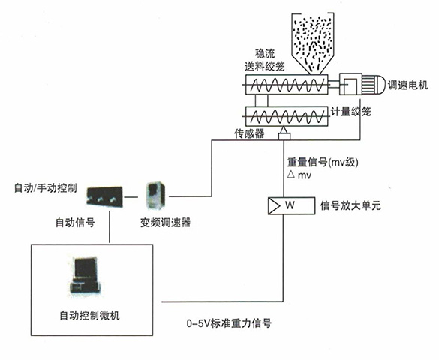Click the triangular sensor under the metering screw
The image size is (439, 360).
[284, 134]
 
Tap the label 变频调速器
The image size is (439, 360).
[165, 222]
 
